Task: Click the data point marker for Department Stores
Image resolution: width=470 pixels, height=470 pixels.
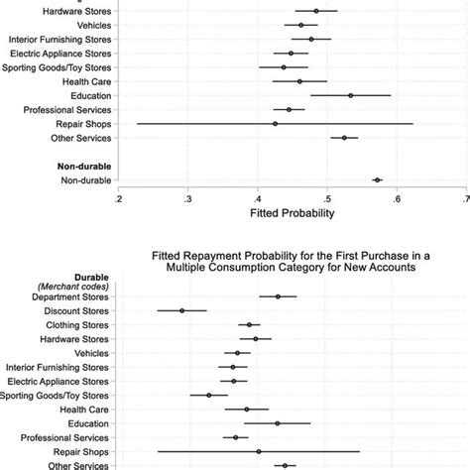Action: [x=279, y=296]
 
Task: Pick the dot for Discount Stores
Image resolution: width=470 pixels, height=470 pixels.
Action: [x=182, y=310]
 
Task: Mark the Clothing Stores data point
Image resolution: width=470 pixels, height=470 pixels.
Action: [x=250, y=324]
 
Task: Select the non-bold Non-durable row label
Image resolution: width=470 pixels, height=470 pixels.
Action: [x=85, y=180]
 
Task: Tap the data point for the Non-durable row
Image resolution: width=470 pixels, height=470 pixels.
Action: [x=377, y=180]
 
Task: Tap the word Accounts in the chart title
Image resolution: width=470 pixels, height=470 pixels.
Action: [x=390, y=267]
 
